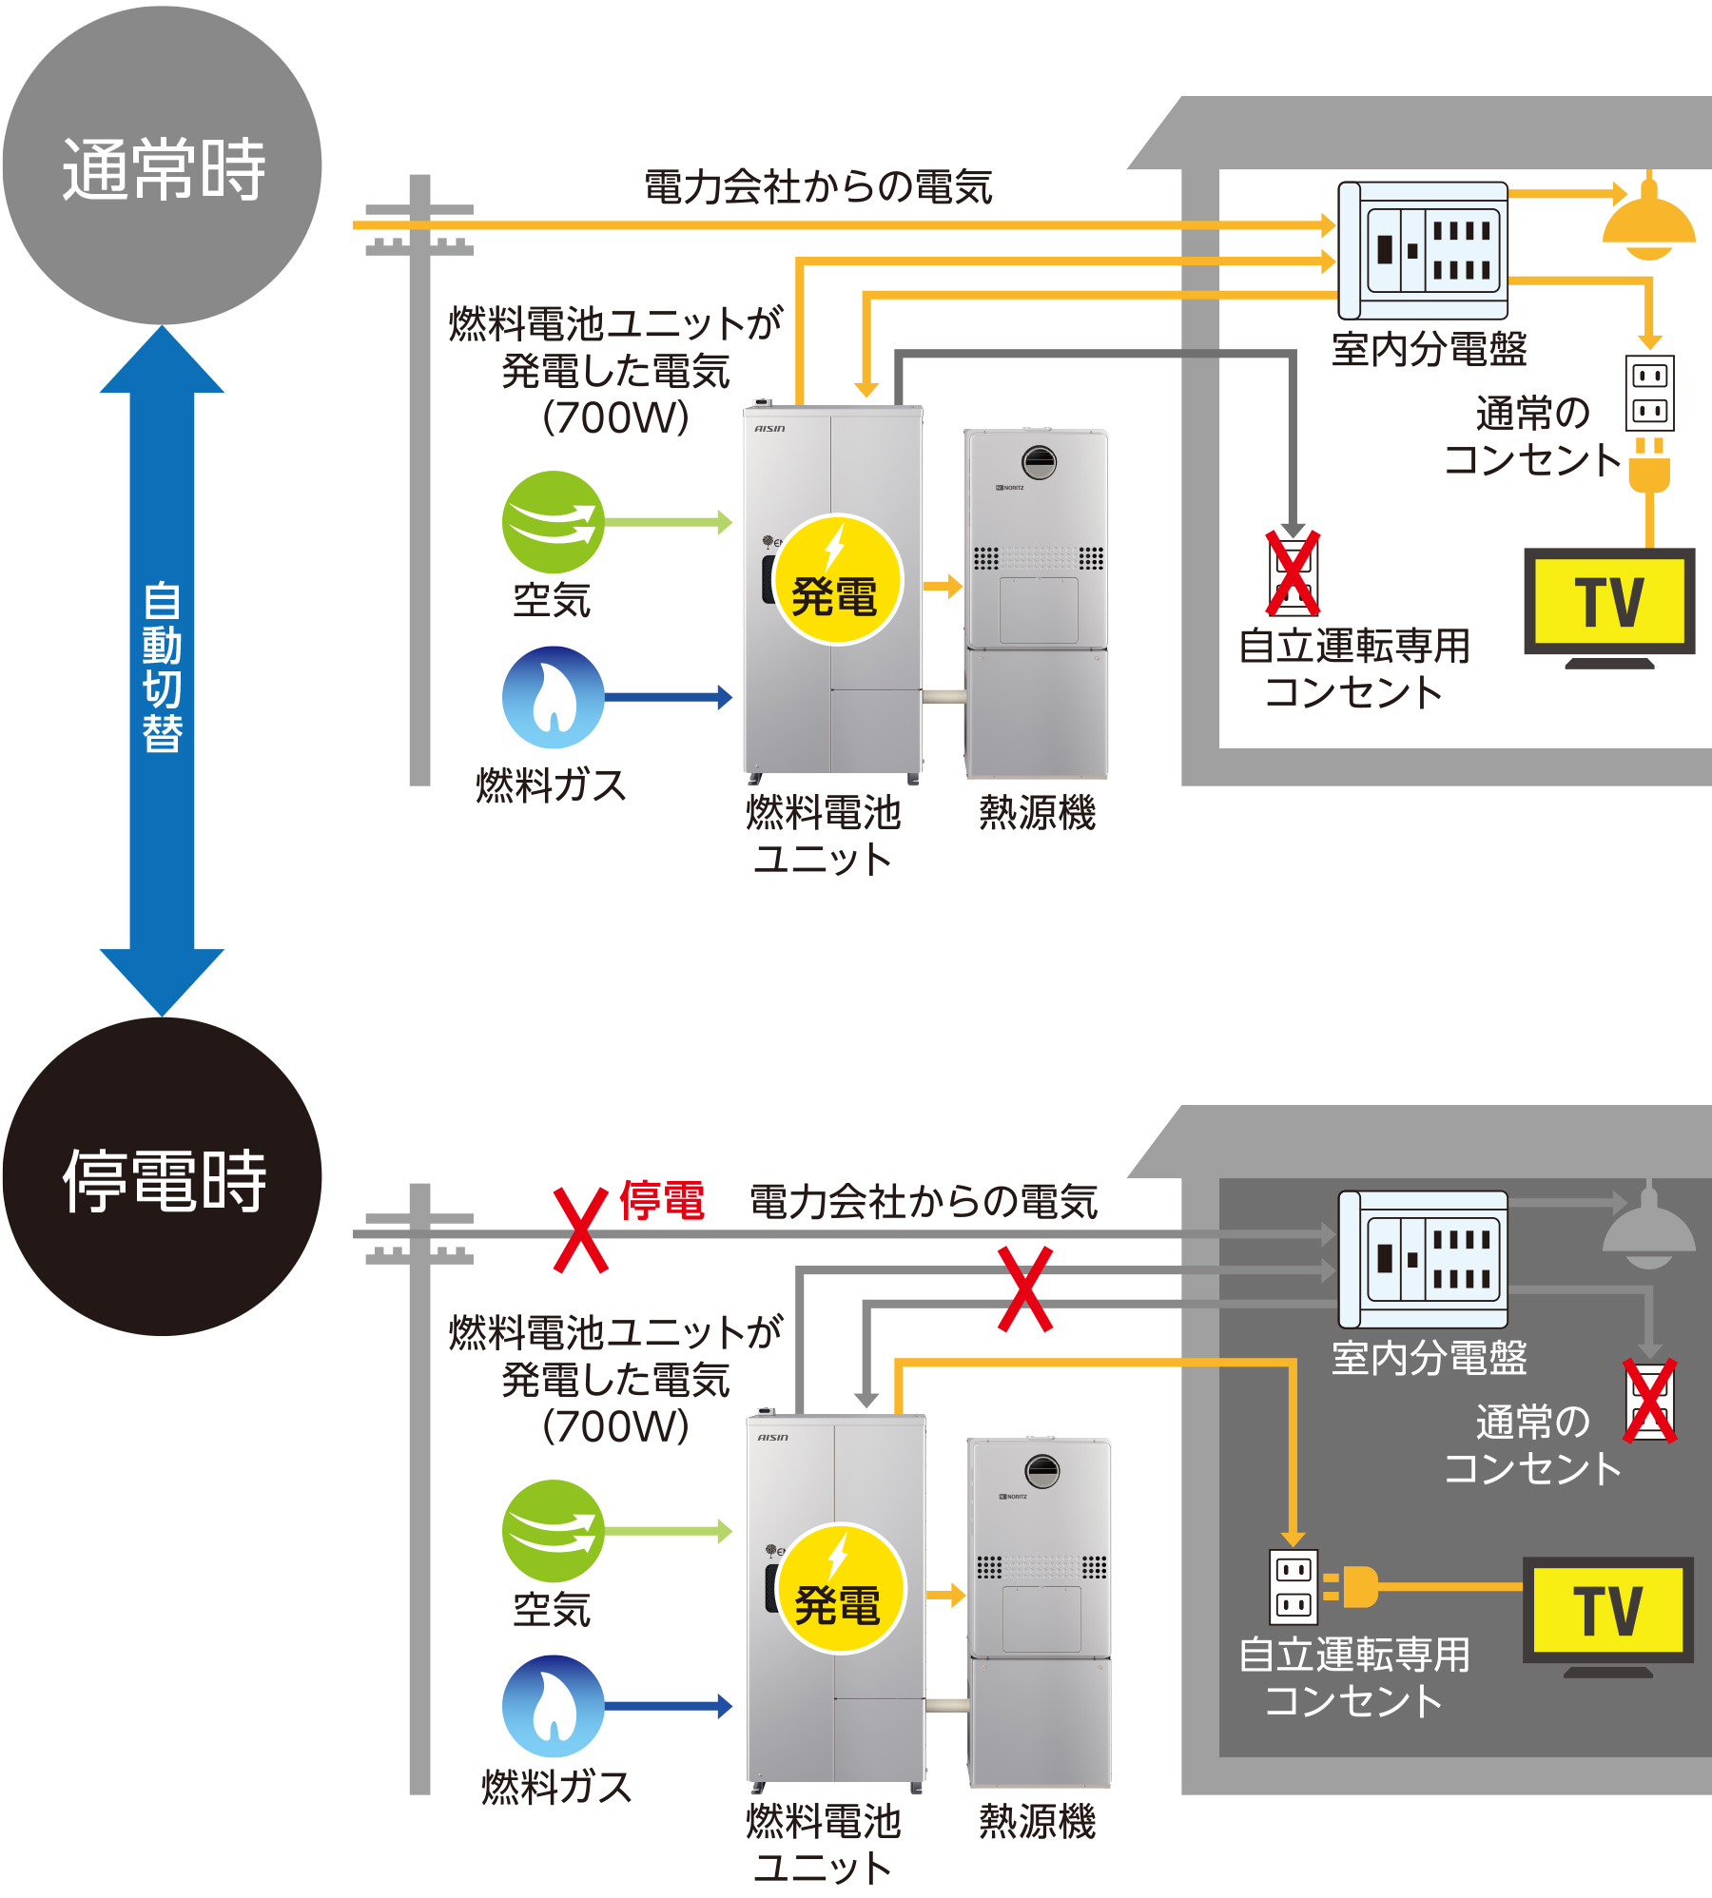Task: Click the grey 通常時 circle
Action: (162, 166)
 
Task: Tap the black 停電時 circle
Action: (162, 1177)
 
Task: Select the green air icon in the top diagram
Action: (553, 522)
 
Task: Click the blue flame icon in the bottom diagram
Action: (553, 1706)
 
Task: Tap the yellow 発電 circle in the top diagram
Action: (836, 580)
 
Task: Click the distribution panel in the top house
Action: (1423, 250)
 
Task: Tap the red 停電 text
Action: (662, 1200)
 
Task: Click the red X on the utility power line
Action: (581, 1230)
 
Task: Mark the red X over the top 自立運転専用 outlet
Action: (1293, 573)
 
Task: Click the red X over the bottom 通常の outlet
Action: (1649, 1401)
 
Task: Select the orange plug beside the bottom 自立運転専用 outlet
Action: (1354, 1586)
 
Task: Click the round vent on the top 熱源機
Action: (1039, 463)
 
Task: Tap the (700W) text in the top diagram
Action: (615, 417)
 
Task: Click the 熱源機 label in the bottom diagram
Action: (1037, 1822)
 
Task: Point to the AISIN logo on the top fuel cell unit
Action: (769, 429)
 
